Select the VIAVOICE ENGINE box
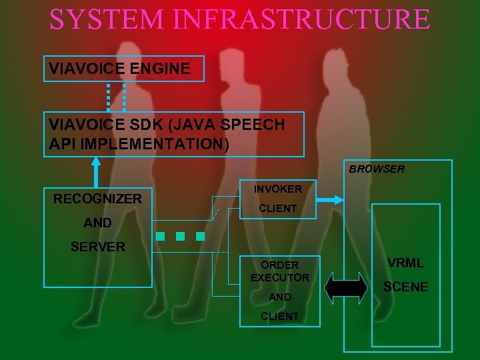[x=123, y=68]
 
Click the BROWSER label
[x=377, y=169]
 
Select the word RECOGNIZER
[x=97, y=199]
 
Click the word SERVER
[x=97, y=247]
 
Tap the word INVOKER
[x=277, y=189]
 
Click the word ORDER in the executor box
[x=280, y=265]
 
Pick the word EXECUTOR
[x=280, y=277]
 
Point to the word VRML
[x=405, y=263]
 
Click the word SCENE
[x=405, y=287]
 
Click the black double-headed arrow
[x=346, y=288]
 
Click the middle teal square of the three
[x=180, y=236]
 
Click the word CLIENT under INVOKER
[x=277, y=209]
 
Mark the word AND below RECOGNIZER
[x=97, y=223]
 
